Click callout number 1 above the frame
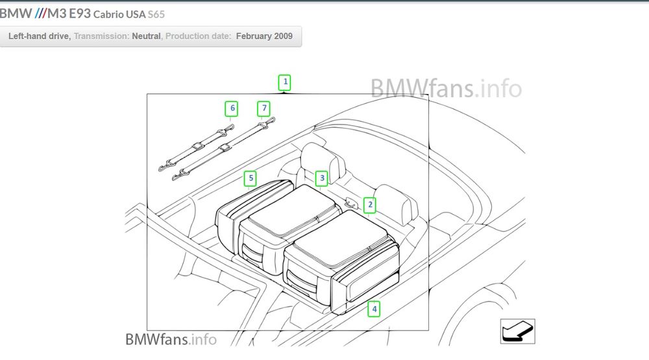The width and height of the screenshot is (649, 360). [284, 82]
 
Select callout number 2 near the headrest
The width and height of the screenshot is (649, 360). [369, 205]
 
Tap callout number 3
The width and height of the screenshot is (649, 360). [321, 178]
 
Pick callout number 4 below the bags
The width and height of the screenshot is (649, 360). [374, 309]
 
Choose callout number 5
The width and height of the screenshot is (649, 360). [250, 177]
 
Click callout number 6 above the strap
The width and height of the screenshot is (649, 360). [231, 108]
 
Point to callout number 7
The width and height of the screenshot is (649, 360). [263, 108]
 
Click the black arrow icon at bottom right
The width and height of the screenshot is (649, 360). [517, 331]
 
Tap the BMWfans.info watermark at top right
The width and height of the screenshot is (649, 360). [447, 88]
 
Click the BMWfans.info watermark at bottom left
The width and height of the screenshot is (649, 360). [171, 339]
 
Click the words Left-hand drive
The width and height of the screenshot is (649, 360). [39, 36]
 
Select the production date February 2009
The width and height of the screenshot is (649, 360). [264, 36]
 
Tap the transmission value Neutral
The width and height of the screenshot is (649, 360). [147, 36]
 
